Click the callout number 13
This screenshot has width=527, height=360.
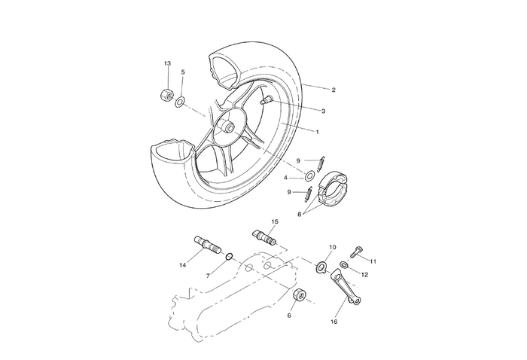167,64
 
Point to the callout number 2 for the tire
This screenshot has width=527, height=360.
333,90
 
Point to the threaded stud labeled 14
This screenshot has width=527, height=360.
205,244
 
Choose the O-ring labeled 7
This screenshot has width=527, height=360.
228,257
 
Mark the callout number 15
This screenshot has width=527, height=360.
275,222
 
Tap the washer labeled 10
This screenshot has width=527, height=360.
319,266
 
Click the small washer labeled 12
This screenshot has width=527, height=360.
344,264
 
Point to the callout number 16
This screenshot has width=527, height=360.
334,322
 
